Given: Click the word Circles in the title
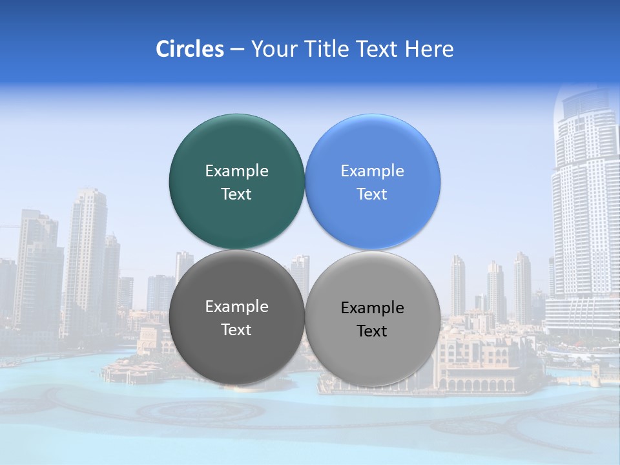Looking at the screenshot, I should [x=189, y=49].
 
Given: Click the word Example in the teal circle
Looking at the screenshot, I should [x=236, y=170].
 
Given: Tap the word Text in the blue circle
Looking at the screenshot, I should [x=372, y=194].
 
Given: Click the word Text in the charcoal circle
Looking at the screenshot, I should [x=236, y=329].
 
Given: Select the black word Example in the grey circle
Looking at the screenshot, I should [x=372, y=307].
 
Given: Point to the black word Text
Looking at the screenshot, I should [x=372, y=331].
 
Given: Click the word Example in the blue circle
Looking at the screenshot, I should [x=372, y=170].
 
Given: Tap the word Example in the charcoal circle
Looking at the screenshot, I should [x=236, y=306].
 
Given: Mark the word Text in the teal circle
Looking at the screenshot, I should [x=236, y=194].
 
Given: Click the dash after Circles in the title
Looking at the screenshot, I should [x=236, y=50].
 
